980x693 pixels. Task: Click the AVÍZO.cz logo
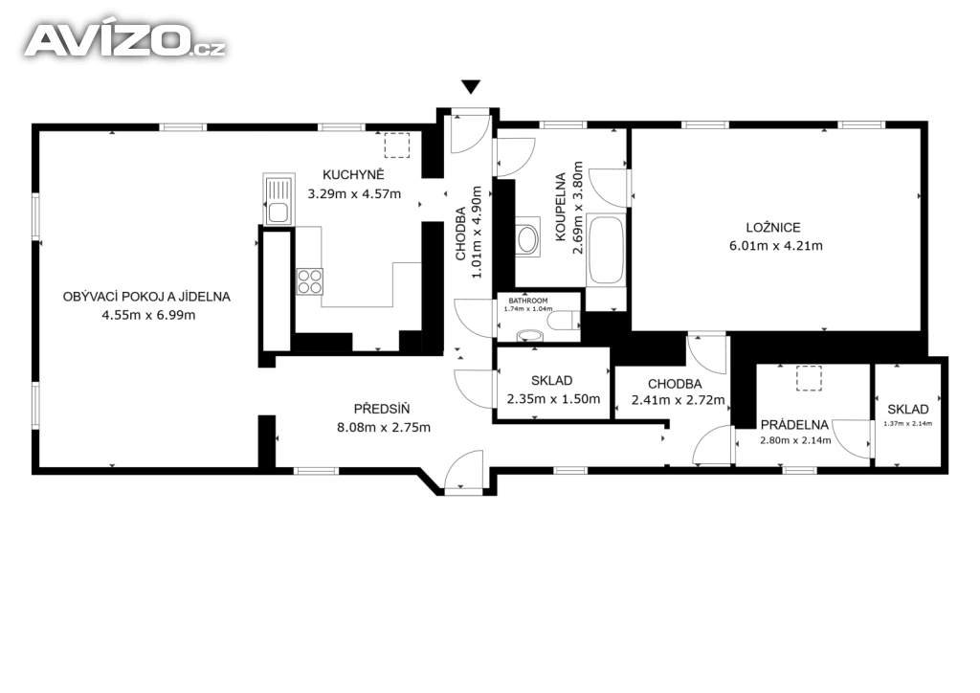point(125,41)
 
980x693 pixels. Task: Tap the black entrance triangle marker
point(471,87)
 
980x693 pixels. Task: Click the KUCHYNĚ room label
point(353,174)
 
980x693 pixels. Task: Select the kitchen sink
point(278,199)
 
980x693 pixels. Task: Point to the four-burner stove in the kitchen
point(309,280)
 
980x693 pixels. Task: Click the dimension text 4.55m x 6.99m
point(148,316)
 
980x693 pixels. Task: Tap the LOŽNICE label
point(773,228)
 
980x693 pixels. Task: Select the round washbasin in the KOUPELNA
point(527,238)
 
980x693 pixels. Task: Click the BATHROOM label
point(528,301)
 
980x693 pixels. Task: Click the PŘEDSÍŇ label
point(382,410)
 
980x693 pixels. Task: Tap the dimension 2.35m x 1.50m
point(553,399)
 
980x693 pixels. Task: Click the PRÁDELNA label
point(794,425)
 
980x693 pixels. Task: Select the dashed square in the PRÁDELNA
point(809,378)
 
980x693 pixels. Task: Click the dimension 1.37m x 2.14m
point(907,423)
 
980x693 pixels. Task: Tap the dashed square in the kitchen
point(396,145)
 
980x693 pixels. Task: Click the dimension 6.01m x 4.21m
point(775,246)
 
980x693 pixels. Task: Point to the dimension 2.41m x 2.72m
point(679,400)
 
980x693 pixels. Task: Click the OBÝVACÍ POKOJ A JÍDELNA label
point(146,297)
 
